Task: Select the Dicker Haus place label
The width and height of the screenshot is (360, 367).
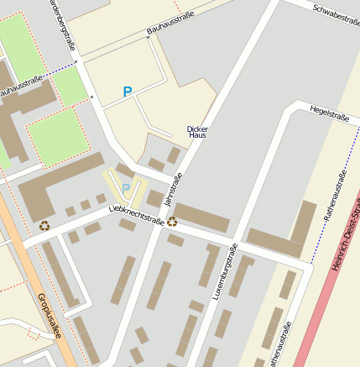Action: coord(197,132)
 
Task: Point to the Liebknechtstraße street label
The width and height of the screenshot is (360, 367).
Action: coord(137,216)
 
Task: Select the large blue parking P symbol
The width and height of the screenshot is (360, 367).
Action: coord(128,92)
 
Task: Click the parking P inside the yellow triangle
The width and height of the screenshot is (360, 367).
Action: coord(126,188)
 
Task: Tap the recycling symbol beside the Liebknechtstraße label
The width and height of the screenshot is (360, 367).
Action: coord(172,222)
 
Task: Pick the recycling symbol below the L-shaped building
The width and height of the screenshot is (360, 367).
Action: coord(44,225)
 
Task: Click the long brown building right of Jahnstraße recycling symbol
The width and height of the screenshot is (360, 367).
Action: coord(201,218)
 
